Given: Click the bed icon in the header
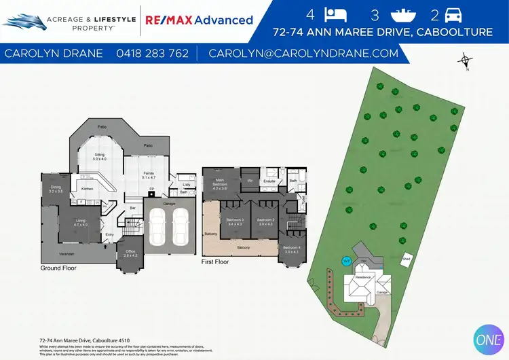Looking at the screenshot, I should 335,14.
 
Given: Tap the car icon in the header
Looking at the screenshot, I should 455,14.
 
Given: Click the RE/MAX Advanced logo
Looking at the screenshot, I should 199,20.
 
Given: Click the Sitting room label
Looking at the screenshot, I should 99,156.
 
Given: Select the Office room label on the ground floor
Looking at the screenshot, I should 130,253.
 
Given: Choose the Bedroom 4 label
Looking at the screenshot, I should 291,249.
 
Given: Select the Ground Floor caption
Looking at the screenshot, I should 58,268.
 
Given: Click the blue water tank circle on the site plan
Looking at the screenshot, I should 345,261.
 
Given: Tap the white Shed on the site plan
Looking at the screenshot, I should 407,259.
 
